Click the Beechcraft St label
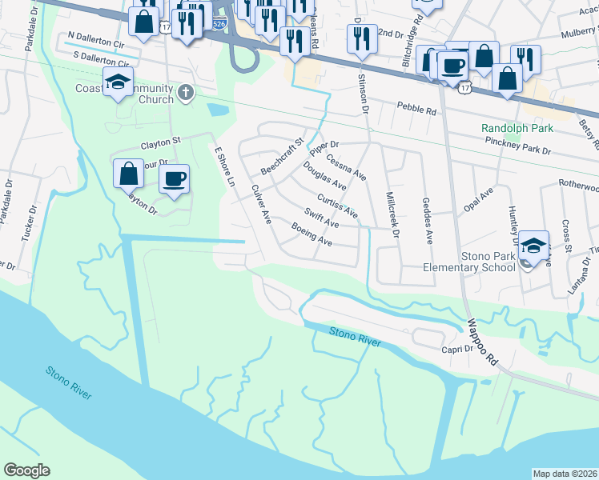click(x=283, y=157)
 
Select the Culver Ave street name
click(x=262, y=205)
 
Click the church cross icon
click(x=186, y=92)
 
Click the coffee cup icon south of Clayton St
click(x=174, y=179)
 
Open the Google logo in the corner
click(x=27, y=470)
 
